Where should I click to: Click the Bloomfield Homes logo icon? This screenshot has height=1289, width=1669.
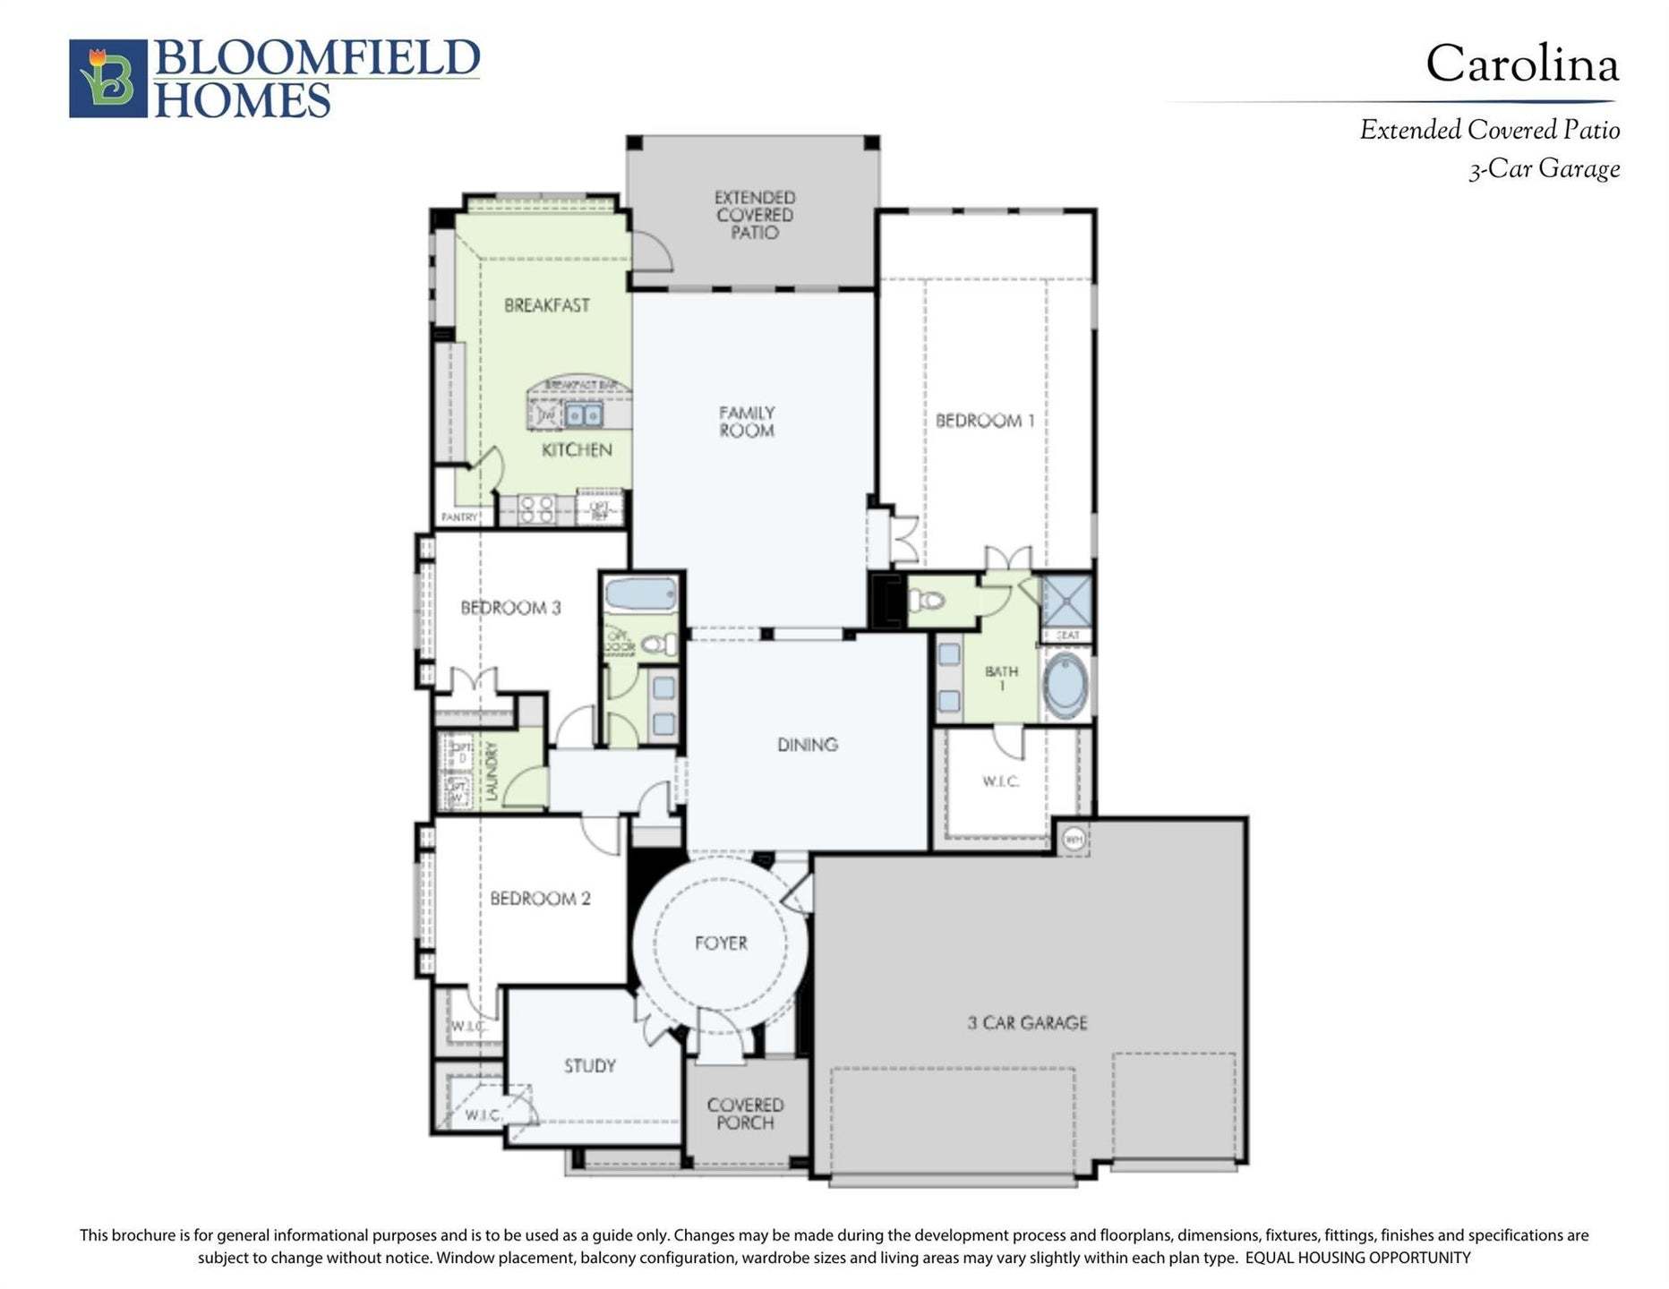pyautogui.click(x=107, y=78)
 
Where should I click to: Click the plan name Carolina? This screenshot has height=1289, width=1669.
pyautogui.click(x=1521, y=64)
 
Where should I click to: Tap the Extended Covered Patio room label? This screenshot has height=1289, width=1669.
pyautogui.click(x=754, y=215)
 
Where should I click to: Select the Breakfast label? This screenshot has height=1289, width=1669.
pyautogui.click(x=546, y=305)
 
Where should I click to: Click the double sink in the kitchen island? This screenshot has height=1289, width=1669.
pyautogui.click(x=583, y=415)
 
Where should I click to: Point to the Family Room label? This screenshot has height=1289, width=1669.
pyautogui.click(x=747, y=422)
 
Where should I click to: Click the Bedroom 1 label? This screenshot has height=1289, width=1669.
pyautogui.click(x=984, y=421)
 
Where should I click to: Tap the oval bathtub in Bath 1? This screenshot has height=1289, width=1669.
pyautogui.click(x=1065, y=686)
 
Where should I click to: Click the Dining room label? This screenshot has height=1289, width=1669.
pyautogui.click(x=807, y=745)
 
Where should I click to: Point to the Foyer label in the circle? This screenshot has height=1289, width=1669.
pyautogui.click(x=721, y=943)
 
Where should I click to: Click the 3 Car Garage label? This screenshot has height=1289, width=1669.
pyautogui.click(x=1027, y=1023)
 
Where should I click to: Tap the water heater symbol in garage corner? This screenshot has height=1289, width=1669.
pyautogui.click(x=1074, y=840)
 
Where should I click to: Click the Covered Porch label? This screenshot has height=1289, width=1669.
pyautogui.click(x=745, y=1114)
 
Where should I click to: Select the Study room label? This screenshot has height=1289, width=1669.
pyautogui.click(x=589, y=1066)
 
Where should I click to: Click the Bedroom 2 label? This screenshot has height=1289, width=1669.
pyautogui.click(x=540, y=899)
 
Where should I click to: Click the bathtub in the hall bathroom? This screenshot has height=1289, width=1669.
pyautogui.click(x=639, y=594)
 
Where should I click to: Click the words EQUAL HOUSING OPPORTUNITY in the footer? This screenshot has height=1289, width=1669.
pyautogui.click(x=1357, y=1258)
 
